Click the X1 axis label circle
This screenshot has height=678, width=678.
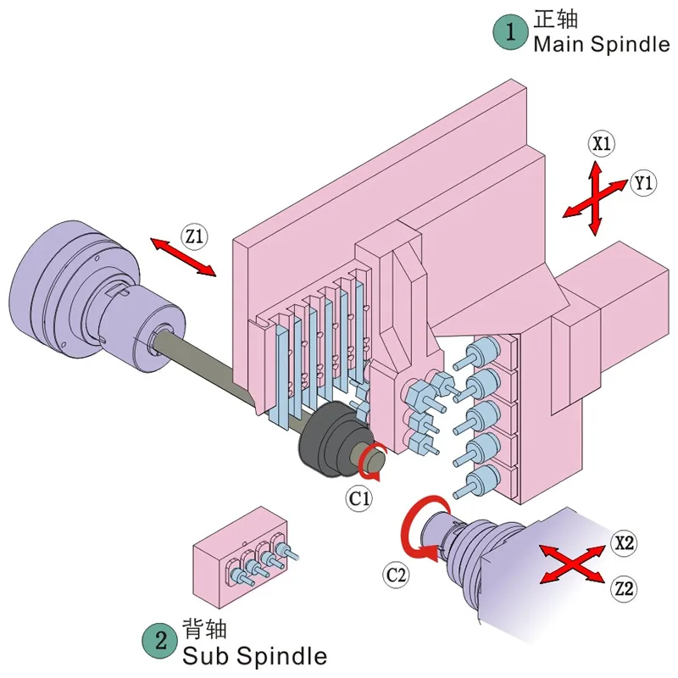(x=602, y=143)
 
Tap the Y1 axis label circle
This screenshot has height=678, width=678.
(x=643, y=183)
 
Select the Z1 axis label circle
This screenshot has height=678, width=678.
(x=194, y=236)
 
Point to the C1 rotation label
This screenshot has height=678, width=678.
(x=359, y=498)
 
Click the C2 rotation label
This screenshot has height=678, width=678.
(x=396, y=575)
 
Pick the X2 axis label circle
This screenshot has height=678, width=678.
(x=624, y=542)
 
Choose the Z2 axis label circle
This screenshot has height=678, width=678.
(x=624, y=588)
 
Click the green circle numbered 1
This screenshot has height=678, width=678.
(x=510, y=31)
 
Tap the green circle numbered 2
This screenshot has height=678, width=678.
(x=160, y=640)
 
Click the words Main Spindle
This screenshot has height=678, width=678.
(x=602, y=44)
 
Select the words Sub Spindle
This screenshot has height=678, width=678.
(x=254, y=655)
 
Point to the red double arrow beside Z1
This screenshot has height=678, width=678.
(x=182, y=257)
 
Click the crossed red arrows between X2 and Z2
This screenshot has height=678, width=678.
(x=572, y=564)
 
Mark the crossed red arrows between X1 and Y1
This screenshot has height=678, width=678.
(x=596, y=198)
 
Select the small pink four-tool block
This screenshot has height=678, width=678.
(x=239, y=558)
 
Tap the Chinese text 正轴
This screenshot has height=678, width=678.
(x=556, y=19)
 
